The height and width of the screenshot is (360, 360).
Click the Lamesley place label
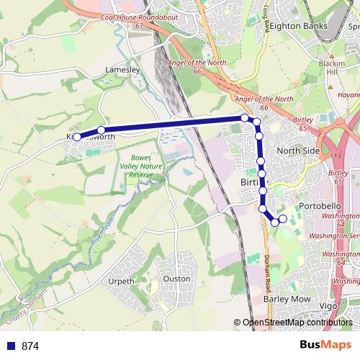(121, 70)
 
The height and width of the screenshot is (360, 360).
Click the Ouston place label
(176, 278)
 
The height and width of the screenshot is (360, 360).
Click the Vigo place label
(328, 306)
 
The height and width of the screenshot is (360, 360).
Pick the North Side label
(298, 150)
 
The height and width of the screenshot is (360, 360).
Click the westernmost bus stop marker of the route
(77, 135)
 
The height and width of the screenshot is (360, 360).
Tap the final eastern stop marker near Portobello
(283, 219)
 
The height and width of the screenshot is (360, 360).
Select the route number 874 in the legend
(30, 346)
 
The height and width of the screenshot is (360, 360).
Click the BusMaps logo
(325, 345)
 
